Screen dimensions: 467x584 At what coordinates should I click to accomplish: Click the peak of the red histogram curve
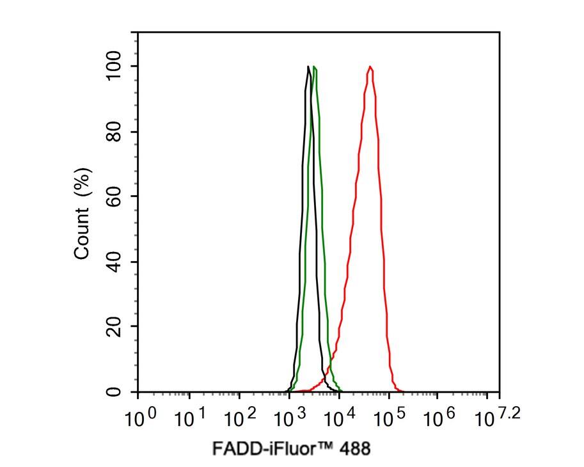coord(370,67)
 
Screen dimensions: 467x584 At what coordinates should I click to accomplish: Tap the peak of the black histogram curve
coord(308,67)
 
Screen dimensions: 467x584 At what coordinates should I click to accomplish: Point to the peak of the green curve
coord(315,67)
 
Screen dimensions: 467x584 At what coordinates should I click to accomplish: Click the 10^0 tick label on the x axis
coord(141,418)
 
